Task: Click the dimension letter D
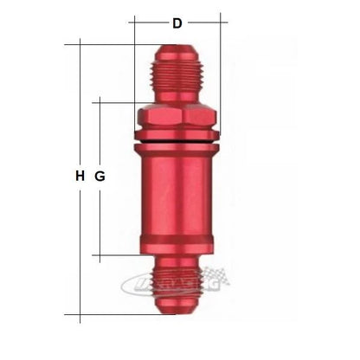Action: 177,23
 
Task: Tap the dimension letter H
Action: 80,177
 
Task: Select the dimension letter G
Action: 100,177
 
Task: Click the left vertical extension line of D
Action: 134,69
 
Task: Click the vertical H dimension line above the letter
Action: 80,104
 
